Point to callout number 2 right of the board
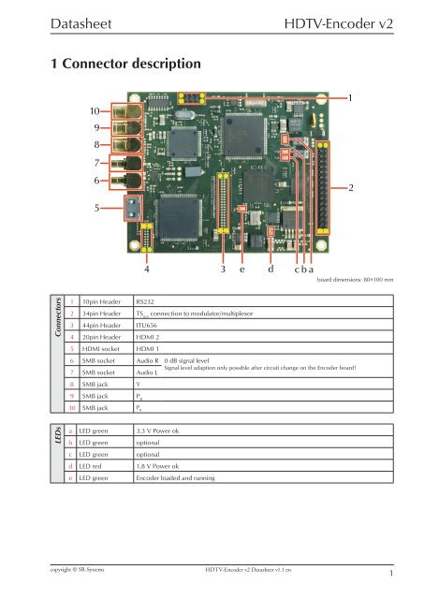(x=351, y=189)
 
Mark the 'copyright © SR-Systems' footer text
(x=62, y=568)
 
